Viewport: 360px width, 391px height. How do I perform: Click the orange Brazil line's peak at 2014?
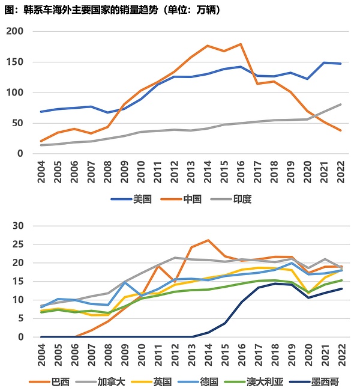(208, 240)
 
